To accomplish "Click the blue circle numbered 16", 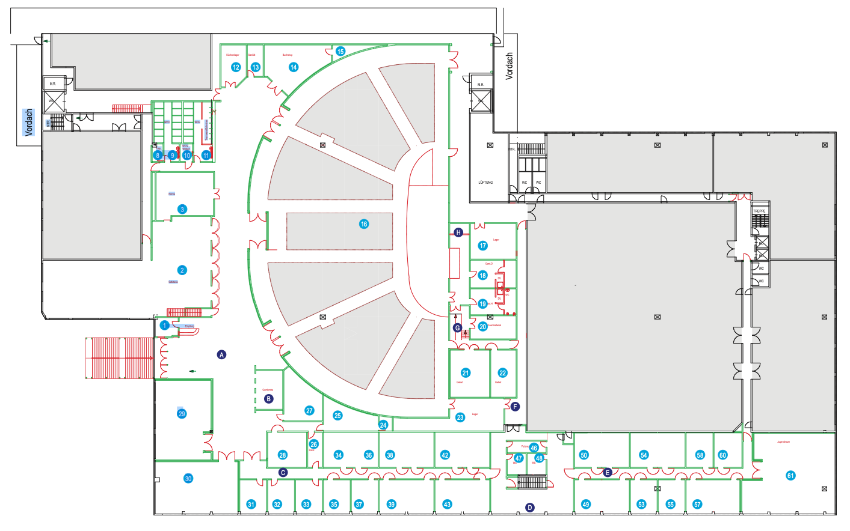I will [364, 224].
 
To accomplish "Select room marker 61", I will [790, 476].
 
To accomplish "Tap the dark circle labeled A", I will [221, 355].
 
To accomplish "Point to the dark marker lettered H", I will [458, 232].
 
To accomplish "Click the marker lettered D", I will [530, 508].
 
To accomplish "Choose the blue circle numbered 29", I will [182, 413].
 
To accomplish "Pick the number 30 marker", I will [188, 479].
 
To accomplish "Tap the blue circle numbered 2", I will [182, 270].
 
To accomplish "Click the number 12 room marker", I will [236, 67].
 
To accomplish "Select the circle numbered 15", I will [340, 52].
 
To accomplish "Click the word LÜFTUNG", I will [485, 183].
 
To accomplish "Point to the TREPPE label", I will [759, 211].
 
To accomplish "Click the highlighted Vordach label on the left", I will [29, 123].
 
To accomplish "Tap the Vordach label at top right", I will [510, 66].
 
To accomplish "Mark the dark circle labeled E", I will [608, 473].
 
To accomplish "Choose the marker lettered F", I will [515, 407].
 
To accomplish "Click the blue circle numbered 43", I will [447, 505].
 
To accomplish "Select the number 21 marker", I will [465, 373].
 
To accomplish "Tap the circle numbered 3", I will [182, 210].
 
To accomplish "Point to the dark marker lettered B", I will [269, 399].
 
